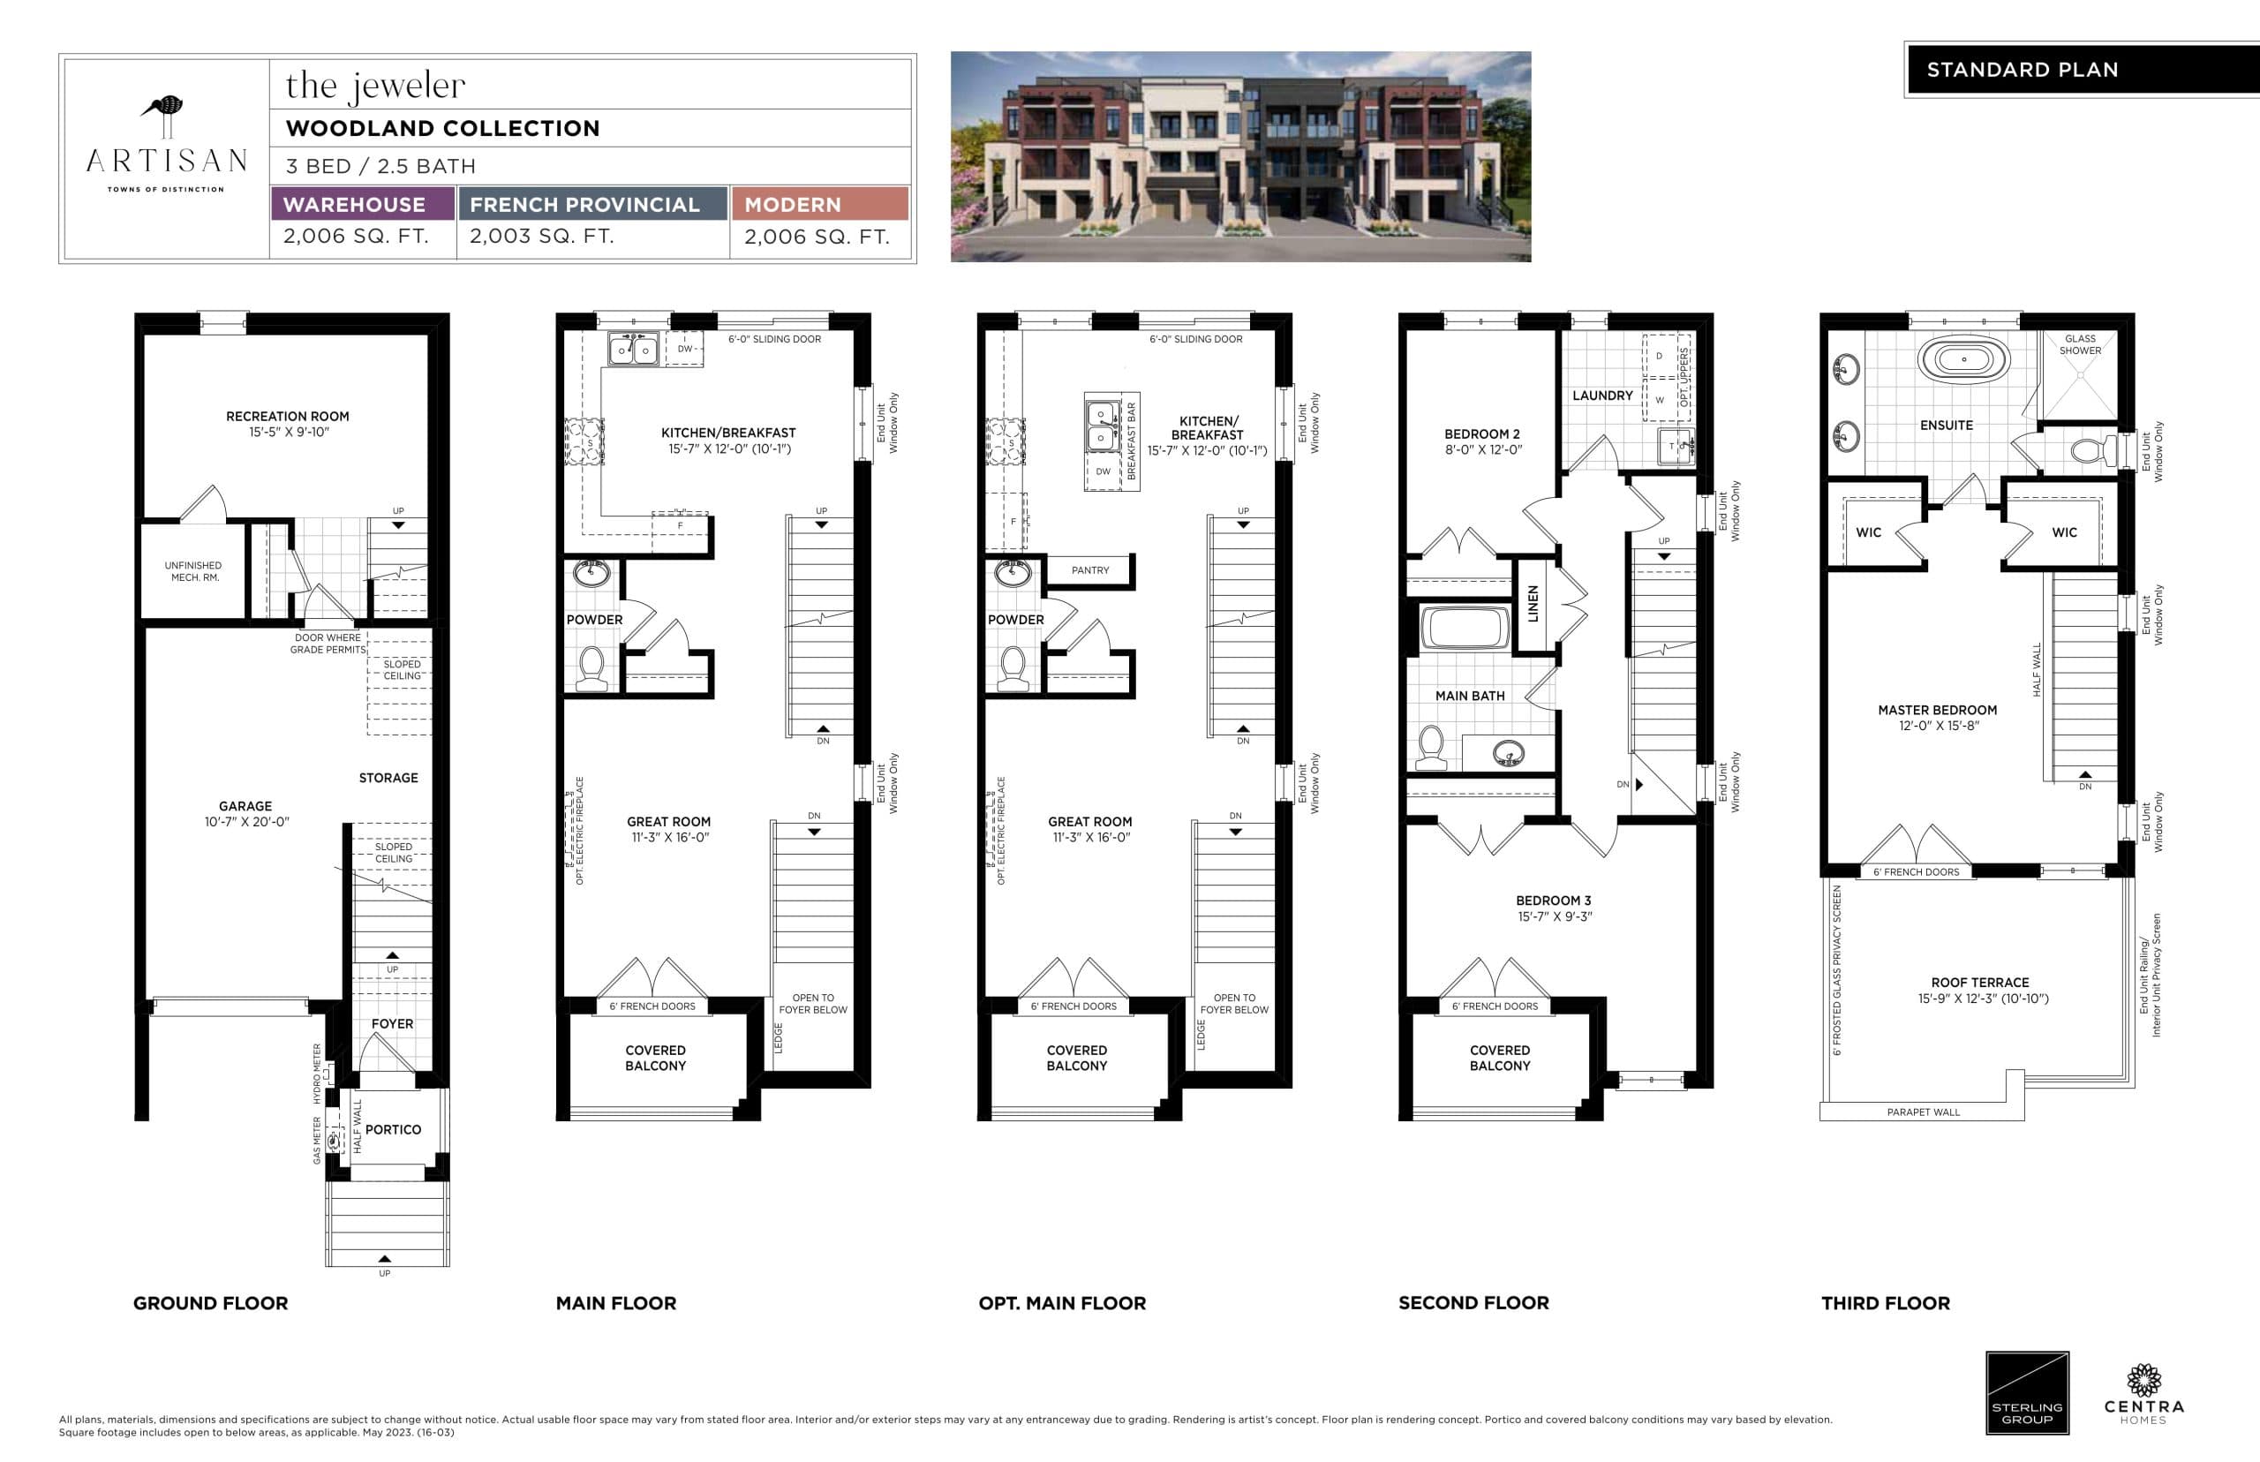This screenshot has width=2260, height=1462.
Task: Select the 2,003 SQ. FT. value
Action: point(542,237)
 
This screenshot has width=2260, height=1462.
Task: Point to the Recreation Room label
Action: point(287,416)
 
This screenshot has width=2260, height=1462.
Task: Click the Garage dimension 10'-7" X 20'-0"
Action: point(245,822)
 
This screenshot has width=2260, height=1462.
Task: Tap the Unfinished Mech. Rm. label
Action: point(193,571)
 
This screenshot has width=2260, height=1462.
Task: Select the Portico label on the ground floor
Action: point(393,1130)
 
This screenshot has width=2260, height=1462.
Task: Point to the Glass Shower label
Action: point(2079,344)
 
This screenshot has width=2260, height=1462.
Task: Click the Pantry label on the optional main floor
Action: point(1089,570)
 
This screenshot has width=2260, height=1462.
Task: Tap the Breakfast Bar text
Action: point(1131,441)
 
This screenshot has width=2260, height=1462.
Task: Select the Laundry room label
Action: point(1602,396)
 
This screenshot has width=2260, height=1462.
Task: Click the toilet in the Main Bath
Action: point(1430,747)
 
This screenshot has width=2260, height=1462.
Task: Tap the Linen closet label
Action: point(1532,605)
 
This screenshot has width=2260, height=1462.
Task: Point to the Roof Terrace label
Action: point(1979,983)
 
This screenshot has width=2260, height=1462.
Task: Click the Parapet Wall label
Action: point(1922,1112)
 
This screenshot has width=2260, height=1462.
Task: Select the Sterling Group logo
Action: point(2027,1393)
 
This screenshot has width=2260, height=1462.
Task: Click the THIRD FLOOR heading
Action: point(1885,1303)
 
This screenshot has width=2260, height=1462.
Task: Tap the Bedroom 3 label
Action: point(1553,901)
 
